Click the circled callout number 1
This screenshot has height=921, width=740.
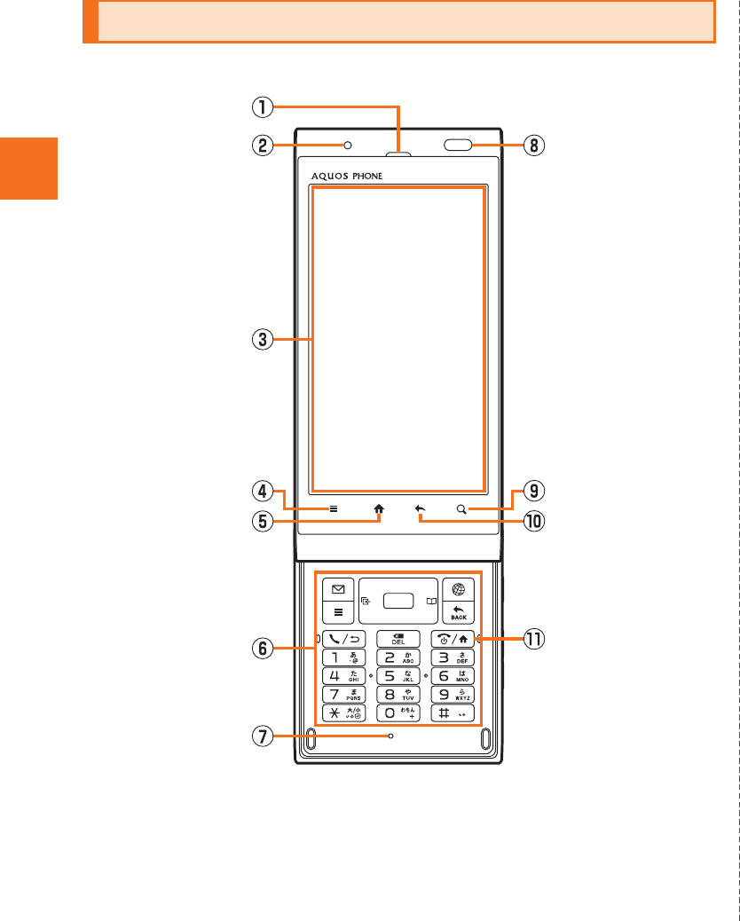(x=260, y=106)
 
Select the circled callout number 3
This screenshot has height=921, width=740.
(x=260, y=338)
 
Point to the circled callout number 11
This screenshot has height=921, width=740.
(x=532, y=638)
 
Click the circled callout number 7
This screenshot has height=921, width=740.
(x=260, y=736)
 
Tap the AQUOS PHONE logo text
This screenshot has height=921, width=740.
(x=347, y=176)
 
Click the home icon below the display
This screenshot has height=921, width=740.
(x=380, y=509)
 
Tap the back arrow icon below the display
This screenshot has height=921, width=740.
(x=421, y=509)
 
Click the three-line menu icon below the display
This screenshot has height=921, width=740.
(x=334, y=509)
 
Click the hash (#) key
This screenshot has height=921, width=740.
(x=453, y=712)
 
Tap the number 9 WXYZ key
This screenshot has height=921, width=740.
(x=453, y=694)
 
